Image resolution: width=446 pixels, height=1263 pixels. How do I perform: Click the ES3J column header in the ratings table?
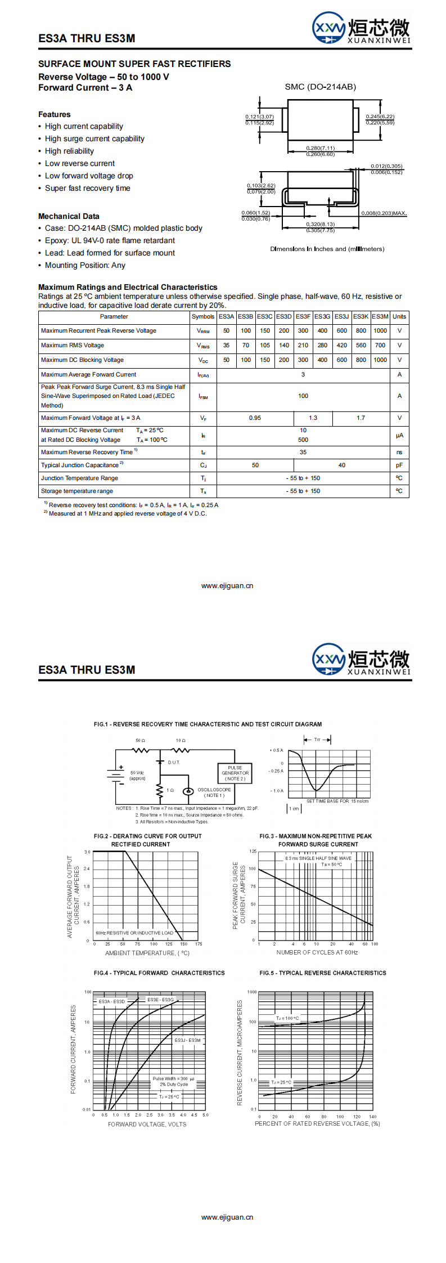[x=341, y=316]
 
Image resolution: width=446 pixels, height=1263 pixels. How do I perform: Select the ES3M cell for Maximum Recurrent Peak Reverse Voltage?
[x=380, y=331]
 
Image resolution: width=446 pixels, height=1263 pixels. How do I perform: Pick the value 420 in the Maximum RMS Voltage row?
[x=341, y=346]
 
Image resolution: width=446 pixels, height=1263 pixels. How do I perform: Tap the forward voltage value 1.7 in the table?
[x=361, y=418]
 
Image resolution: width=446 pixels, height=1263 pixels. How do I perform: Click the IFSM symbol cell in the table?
[x=203, y=397]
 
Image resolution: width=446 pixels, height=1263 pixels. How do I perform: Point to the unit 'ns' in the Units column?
[x=399, y=453]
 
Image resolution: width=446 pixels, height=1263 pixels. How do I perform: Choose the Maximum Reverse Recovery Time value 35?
[x=303, y=453]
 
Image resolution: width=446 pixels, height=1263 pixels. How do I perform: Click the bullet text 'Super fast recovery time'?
[x=87, y=189]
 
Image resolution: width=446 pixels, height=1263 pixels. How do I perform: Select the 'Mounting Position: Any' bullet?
[x=85, y=266]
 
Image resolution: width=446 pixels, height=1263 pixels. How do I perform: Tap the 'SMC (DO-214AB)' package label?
[x=320, y=87]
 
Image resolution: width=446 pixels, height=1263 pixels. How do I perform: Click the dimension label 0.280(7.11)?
[x=321, y=149]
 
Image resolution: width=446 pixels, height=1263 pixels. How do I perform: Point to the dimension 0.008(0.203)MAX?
[x=384, y=213]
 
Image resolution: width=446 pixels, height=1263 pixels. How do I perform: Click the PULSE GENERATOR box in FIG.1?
[x=235, y=773]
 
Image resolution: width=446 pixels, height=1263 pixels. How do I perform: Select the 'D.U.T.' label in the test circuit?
[x=174, y=763]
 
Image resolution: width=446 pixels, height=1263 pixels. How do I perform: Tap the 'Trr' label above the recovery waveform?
[x=317, y=740]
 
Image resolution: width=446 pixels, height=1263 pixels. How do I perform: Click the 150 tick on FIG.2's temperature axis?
[x=183, y=944]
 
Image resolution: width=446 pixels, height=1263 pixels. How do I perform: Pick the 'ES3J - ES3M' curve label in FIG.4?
[x=187, y=1040]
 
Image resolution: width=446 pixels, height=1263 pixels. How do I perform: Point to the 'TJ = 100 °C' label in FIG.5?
[x=287, y=1018]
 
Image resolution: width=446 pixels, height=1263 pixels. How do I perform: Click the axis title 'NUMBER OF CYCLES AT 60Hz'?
[x=317, y=952]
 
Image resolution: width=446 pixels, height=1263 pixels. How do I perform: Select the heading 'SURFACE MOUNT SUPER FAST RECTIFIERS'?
[x=134, y=64]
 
